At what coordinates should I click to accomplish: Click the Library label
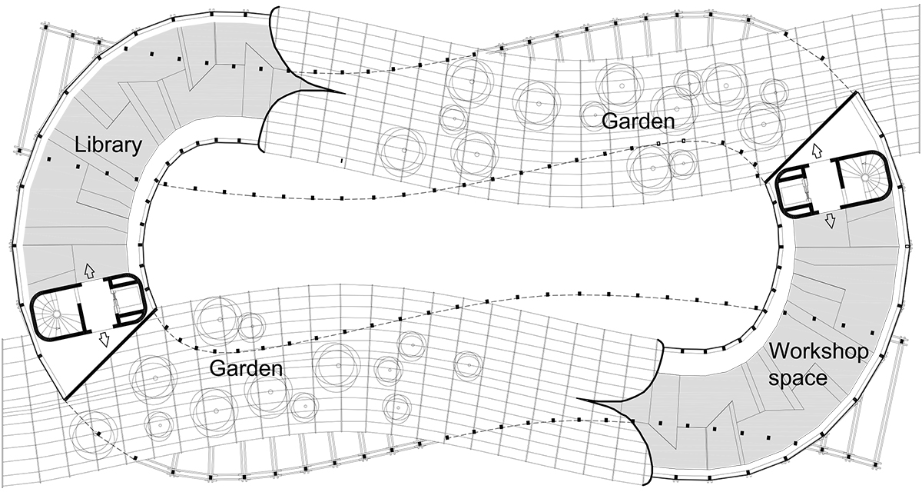coord(108,146)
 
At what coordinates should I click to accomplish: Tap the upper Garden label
coord(638,122)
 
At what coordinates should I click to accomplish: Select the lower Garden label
coord(246,368)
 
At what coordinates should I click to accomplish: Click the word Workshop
coord(819,353)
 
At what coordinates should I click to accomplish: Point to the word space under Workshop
coord(798,378)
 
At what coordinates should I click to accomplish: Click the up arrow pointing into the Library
coord(89,271)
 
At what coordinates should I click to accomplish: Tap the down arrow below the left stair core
coord(104,340)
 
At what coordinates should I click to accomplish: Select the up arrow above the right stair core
coord(816,151)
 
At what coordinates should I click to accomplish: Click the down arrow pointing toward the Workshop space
coord(831,221)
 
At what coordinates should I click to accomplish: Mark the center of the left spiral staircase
coord(55,314)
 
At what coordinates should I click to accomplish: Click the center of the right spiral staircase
coord(865,178)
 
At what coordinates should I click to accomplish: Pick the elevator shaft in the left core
coord(128,304)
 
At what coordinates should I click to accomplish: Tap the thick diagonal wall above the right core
coord(811,137)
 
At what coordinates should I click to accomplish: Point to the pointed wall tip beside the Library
coord(344,93)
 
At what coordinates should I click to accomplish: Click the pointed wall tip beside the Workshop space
coord(577,398)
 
